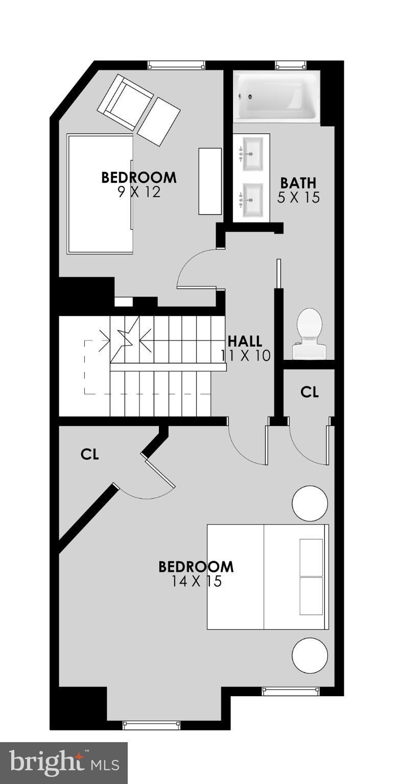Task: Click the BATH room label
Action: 298,183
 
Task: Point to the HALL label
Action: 245,341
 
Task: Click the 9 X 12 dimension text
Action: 138,192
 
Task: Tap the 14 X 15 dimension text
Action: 196,581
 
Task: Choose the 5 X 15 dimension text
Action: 298,198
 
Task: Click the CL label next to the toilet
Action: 310,392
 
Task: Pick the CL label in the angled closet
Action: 89,454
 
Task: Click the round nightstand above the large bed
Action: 310,503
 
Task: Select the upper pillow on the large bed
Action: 311,557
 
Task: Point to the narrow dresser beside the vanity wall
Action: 210,181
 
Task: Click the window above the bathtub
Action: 291,65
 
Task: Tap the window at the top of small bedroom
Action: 176,65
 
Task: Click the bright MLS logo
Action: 63,763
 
